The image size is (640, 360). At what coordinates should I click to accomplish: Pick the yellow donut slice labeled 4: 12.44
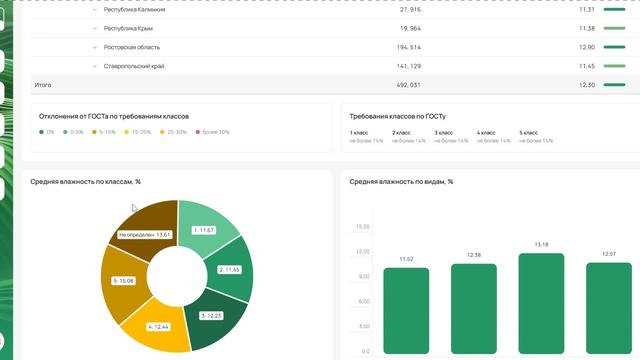click(x=160, y=329)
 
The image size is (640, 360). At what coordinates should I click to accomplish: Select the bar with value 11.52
click(x=406, y=310)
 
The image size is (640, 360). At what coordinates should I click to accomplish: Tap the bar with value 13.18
click(x=542, y=305)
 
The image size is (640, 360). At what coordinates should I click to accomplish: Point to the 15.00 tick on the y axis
click(x=362, y=227)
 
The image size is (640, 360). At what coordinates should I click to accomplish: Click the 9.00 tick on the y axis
click(x=362, y=276)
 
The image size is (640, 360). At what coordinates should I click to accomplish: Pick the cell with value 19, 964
click(x=409, y=28)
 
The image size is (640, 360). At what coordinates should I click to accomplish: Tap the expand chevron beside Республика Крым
click(x=95, y=28)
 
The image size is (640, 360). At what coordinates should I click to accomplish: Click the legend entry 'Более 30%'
click(x=213, y=132)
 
